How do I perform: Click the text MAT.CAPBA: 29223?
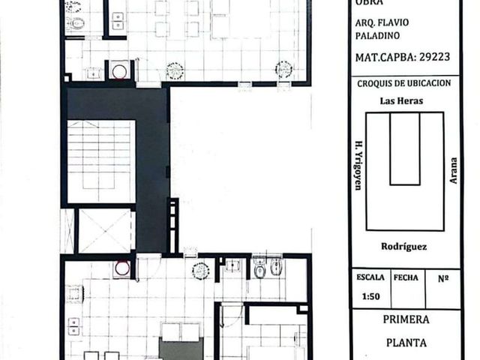(x=403, y=57)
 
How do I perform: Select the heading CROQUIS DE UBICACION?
(x=404, y=83)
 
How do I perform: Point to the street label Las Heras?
(x=401, y=100)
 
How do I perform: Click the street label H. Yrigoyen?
(x=358, y=165)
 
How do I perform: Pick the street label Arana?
(x=453, y=170)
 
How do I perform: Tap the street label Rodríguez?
(x=403, y=247)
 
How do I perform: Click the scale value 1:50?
(x=370, y=296)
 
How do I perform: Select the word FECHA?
(x=406, y=277)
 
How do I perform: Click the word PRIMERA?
(x=406, y=319)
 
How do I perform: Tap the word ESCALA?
(x=370, y=277)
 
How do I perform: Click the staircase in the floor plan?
(x=101, y=161)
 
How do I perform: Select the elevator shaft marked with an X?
(x=105, y=230)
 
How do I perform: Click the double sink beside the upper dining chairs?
(x=118, y=21)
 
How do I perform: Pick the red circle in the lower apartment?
(x=122, y=268)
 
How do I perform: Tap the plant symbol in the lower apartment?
(x=201, y=271)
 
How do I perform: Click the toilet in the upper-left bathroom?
(x=76, y=23)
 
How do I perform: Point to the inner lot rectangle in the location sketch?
(x=405, y=148)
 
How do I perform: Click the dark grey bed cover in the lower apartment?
(x=181, y=349)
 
